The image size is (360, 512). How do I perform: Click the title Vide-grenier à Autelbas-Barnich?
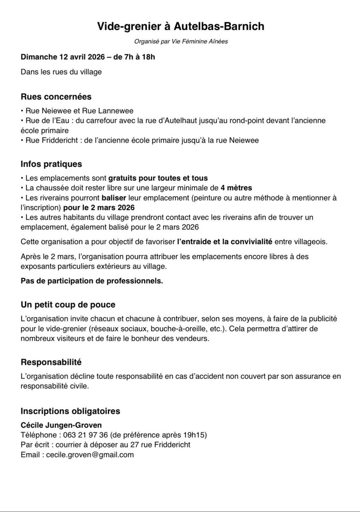180,26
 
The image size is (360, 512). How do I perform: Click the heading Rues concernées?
56,97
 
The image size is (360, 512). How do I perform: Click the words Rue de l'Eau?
45,120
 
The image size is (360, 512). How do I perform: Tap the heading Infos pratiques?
51,164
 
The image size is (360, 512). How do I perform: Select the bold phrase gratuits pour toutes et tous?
158,178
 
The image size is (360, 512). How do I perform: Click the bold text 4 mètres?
236,187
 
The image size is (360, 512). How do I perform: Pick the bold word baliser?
113,198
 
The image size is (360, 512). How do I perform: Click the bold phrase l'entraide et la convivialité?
225,242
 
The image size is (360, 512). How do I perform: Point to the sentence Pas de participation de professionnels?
92,281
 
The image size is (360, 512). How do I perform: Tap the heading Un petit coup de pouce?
68,305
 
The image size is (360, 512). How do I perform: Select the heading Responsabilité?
51,362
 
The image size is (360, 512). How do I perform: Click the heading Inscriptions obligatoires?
70,411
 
